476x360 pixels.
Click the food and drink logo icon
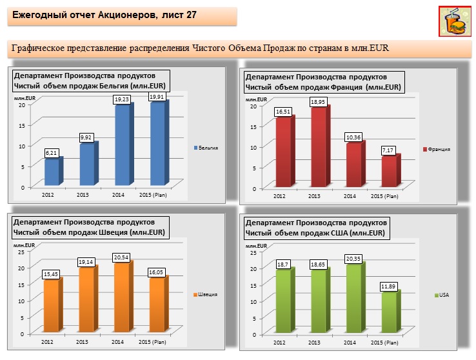tap(455, 22)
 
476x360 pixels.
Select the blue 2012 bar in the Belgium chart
tap(52, 172)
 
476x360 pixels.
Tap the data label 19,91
tap(157, 97)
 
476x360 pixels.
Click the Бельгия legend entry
tap(206, 148)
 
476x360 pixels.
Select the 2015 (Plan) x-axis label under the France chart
tap(384, 196)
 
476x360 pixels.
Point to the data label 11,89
tap(389, 286)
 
